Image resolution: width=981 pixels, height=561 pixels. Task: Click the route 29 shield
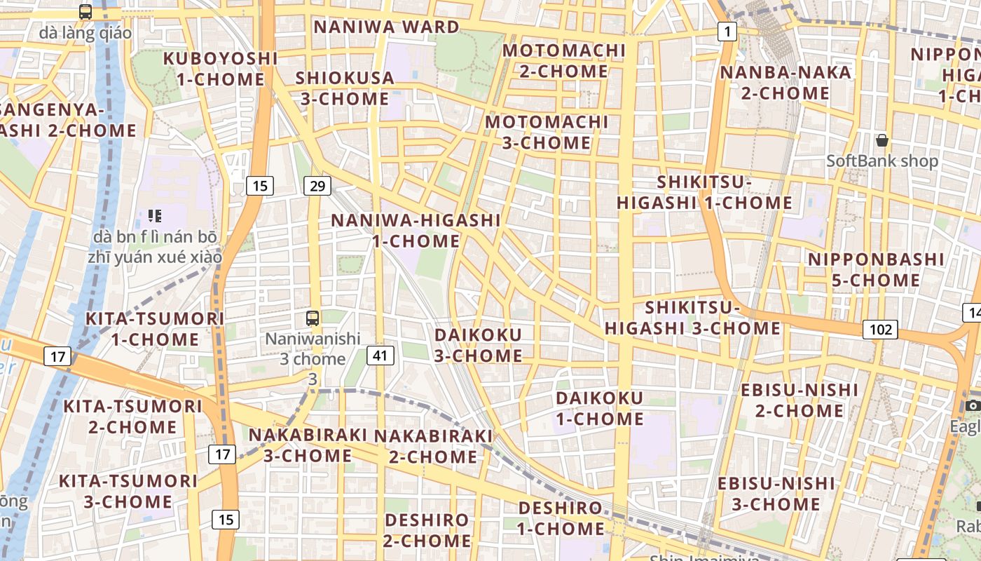(x=317, y=186)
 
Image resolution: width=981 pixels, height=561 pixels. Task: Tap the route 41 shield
(x=380, y=356)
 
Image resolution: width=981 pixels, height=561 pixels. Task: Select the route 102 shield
(x=880, y=330)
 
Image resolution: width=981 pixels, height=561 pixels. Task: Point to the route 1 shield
(x=727, y=31)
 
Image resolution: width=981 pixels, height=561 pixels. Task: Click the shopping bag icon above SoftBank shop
(x=882, y=140)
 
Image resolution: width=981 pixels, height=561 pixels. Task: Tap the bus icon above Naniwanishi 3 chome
(x=313, y=318)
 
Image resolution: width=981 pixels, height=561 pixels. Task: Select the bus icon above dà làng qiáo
(x=85, y=12)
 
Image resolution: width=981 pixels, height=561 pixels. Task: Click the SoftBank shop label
(x=881, y=161)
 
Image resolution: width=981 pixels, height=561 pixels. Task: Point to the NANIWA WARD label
(x=386, y=27)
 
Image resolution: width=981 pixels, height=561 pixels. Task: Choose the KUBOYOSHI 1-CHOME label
(x=220, y=69)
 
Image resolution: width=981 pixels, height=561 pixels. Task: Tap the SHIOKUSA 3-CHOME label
(x=345, y=88)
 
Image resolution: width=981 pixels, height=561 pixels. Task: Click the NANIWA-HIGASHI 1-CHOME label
(x=416, y=231)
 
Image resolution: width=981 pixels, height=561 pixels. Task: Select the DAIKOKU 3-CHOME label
(x=478, y=345)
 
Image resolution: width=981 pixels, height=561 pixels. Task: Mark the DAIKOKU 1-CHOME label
(x=599, y=408)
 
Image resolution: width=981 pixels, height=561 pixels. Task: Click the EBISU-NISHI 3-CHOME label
(x=776, y=494)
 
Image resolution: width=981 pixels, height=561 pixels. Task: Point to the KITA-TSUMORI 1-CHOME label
(x=155, y=329)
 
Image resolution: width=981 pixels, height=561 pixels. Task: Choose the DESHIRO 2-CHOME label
(x=427, y=530)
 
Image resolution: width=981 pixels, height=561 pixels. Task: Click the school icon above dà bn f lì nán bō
(x=155, y=216)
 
